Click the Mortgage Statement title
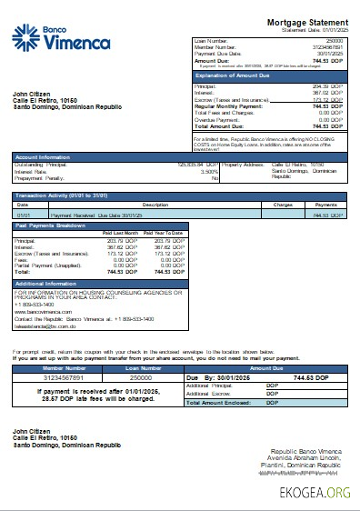[x=307, y=21]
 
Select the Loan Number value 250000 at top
[x=335, y=42]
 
